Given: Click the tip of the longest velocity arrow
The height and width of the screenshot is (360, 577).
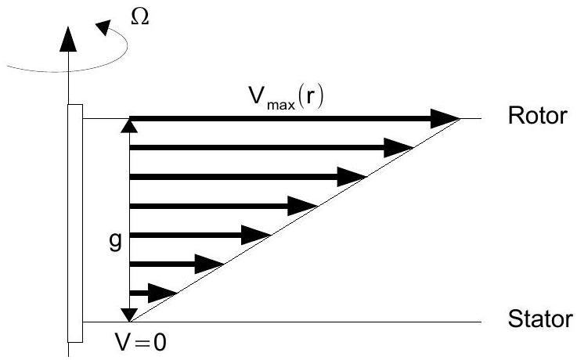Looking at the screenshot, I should (x=458, y=119).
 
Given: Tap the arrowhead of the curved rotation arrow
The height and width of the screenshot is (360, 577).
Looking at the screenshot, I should (x=104, y=27).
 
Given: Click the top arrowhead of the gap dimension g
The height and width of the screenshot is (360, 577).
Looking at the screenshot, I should (x=130, y=124).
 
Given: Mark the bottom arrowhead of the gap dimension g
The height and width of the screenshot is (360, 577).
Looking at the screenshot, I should (x=130, y=315).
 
